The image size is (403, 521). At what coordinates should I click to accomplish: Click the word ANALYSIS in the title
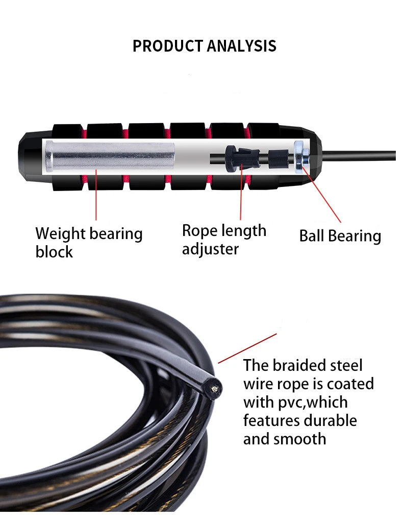tap(241, 46)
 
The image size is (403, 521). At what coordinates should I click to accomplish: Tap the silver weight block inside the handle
tap(110, 155)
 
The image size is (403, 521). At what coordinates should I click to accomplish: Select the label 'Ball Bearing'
tap(340, 236)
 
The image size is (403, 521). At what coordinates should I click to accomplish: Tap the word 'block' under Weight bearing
tap(54, 252)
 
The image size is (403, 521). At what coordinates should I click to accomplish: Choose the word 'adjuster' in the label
tap(210, 249)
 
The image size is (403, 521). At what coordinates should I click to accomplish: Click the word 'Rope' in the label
tap(200, 230)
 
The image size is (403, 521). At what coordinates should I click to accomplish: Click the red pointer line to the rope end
tap(248, 348)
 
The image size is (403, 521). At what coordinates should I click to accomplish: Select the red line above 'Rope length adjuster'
tap(240, 194)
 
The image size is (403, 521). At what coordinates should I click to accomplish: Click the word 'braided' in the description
tap(301, 365)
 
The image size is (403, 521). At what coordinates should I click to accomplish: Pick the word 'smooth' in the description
tap(299, 439)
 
